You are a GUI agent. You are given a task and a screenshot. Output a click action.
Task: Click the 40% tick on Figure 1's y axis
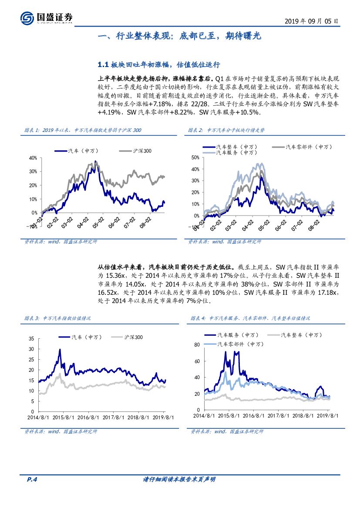33,158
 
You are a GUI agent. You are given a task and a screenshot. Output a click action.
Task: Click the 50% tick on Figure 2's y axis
195,158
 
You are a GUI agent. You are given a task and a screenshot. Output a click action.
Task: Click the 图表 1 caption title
83,130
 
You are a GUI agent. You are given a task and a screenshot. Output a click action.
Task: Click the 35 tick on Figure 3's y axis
31,339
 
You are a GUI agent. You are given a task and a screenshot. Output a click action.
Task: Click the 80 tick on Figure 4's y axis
196,345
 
